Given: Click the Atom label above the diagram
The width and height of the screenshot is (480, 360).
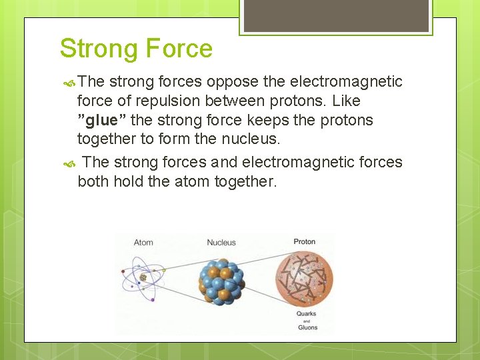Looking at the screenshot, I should [x=143, y=242].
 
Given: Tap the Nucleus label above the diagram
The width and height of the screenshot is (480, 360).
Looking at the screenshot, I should [x=221, y=242].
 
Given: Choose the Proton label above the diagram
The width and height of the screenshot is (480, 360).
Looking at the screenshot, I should [x=304, y=241].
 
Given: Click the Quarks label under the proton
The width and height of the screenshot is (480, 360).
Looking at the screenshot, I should [x=306, y=313].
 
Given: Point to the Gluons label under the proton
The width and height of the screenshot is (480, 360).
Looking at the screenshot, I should [x=307, y=327].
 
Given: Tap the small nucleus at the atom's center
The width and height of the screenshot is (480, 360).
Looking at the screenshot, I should [x=143, y=277].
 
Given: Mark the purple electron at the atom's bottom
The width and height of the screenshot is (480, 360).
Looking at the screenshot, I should [x=153, y=300].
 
